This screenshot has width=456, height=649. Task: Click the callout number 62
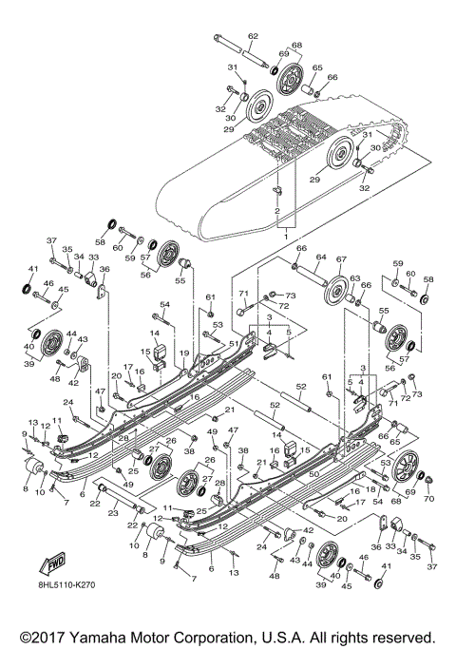[x=253, y=35]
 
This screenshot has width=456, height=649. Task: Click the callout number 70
[x=427, y=498]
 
